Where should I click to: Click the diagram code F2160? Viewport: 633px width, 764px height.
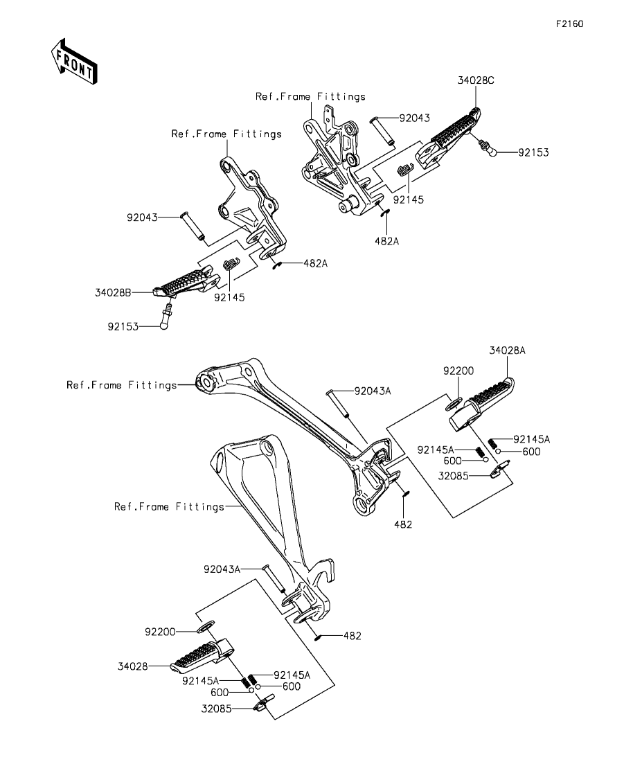pyautogui.click(x=569, y=24)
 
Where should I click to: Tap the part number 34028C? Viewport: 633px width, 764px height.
pyautogui.click(x=475, y=80)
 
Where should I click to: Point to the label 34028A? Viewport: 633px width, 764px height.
pyautogui.click(x=508, y=351)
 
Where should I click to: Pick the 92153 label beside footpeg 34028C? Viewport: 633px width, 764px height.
pyautogui.click(x=533, y=152)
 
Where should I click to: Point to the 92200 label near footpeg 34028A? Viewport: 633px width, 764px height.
pyautogui.click(x=458, y=371)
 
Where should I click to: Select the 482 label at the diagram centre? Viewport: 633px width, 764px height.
pyautogui.click(x=403, y=524)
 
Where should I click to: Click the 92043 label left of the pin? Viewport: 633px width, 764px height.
pyautogui.click(x=143, y=217)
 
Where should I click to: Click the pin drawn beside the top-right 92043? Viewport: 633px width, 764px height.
pyautogui.click(x=382, y=130)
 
